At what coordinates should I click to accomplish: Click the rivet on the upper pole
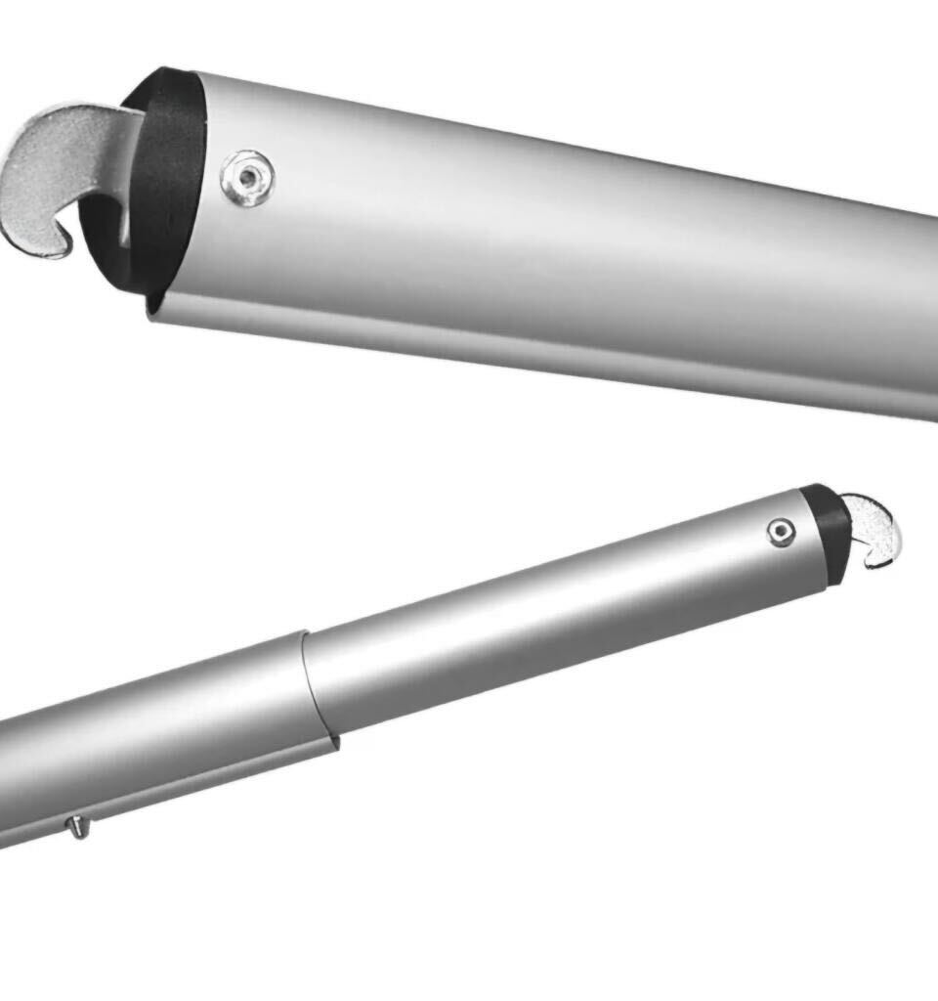pyautogui.click(x=247, y=177)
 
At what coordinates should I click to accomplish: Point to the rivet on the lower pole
pyautogui.click(x=780, y=531)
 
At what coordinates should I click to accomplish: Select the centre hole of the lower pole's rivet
pyautogui.click(x=780, y=531)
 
